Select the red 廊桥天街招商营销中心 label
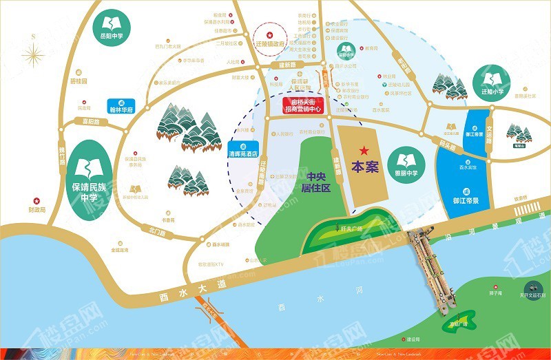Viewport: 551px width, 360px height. [304, 105]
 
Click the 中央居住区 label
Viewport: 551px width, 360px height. [320, 181]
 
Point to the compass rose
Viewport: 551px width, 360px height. [32, 54]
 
